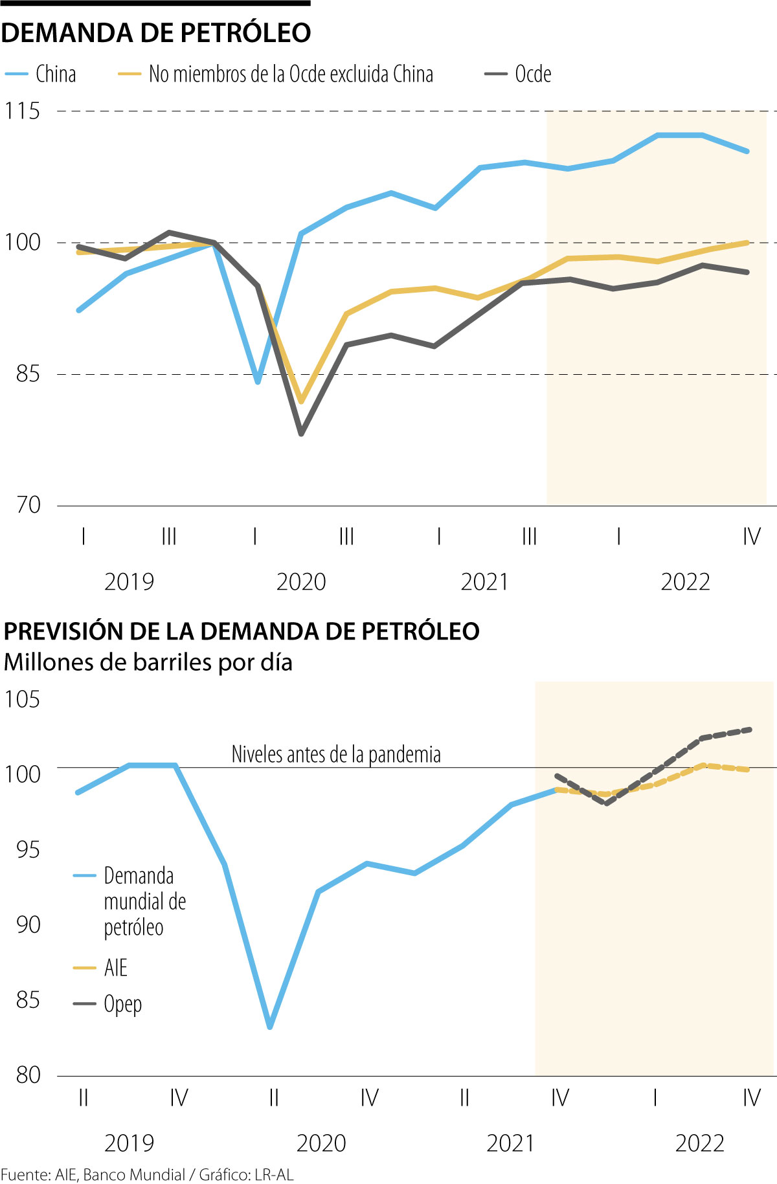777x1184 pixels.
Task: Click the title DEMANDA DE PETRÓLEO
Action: click(x=156, y=33)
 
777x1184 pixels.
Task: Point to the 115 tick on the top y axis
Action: click(x=22, y=111)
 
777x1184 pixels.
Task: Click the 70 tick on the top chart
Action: click(x=28, y=505)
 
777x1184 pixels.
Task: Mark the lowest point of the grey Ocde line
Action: click(x=301, y=433)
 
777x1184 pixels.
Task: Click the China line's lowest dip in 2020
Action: click(x=258, y=381)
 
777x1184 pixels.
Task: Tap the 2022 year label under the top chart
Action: click(x=685, y=582)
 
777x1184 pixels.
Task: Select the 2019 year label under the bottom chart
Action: click(x=129, y=1143)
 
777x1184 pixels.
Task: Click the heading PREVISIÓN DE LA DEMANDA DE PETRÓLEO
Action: click(x=242, y=631)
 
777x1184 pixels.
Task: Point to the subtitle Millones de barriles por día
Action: click(x=148, y=662)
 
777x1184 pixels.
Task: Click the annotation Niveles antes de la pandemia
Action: click(x=336, y=754)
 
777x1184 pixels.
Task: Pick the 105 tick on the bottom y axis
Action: click(x=22, y=700)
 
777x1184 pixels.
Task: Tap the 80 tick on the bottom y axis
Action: click(x=28, y=1075)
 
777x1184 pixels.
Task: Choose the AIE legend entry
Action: click(x=115, y=968)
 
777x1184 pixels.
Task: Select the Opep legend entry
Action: click(x=122, y=1004)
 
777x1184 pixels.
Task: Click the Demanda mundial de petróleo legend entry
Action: click(x=144, y=901)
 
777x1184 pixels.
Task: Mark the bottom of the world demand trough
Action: click(x=270, y=1027)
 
